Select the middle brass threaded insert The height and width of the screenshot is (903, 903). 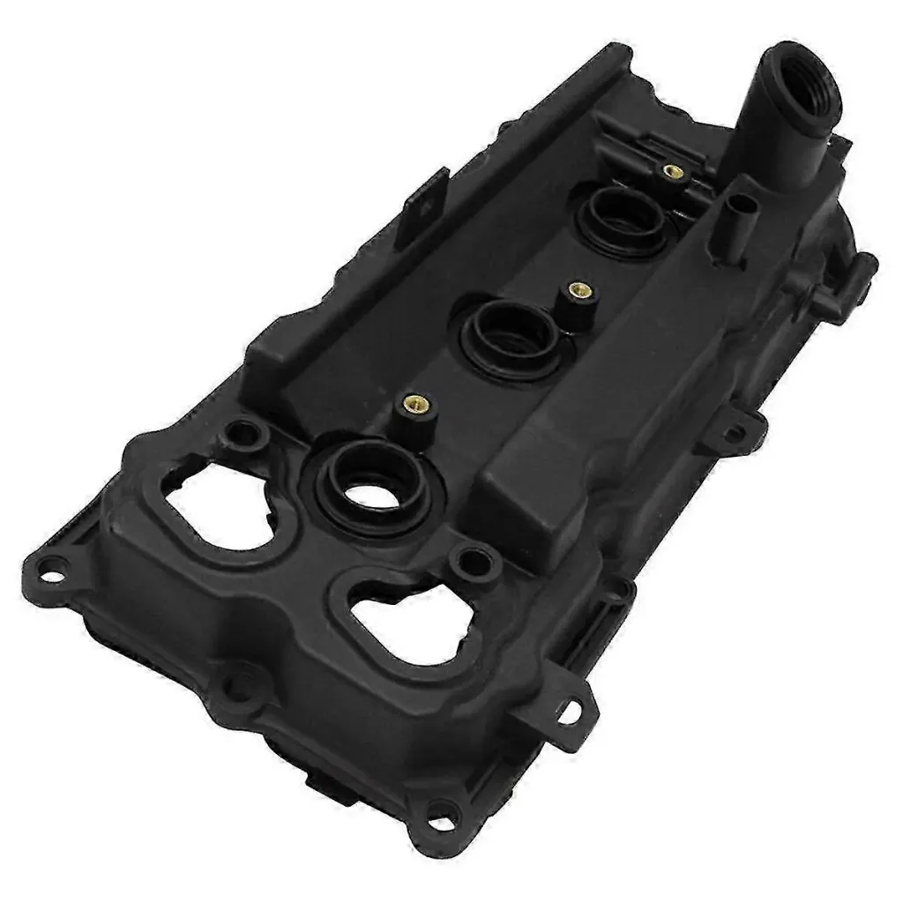(579, 288)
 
